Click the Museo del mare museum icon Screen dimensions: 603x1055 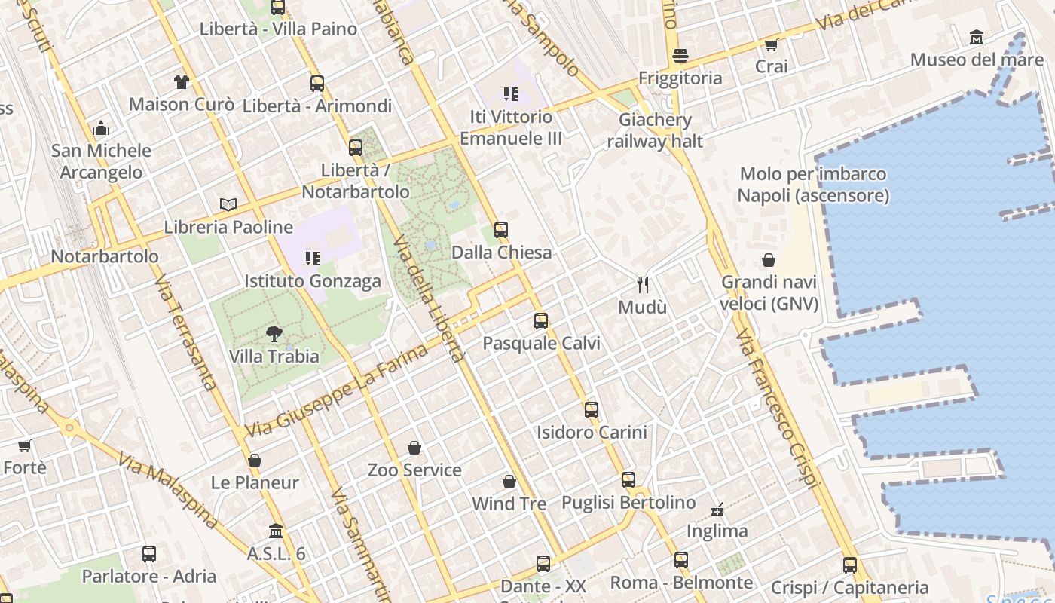977,37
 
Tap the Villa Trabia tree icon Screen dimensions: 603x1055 274,334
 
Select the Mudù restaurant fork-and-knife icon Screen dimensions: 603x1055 643,285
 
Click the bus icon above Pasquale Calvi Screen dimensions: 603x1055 541,321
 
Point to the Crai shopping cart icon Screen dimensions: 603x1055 771,45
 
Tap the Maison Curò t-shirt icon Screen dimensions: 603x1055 182,82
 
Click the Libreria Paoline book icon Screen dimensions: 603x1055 228,204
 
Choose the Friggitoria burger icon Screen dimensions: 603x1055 680,56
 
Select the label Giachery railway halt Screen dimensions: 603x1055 655,130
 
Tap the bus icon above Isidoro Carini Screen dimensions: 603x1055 592,410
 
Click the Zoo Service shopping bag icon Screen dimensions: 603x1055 414,448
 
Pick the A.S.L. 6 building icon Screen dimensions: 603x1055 276,531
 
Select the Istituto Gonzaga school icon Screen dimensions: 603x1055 313,259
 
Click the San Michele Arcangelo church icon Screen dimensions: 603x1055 101,129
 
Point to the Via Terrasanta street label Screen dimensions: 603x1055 185,332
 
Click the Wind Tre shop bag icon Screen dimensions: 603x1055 509,481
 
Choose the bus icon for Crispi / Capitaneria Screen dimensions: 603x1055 850,565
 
